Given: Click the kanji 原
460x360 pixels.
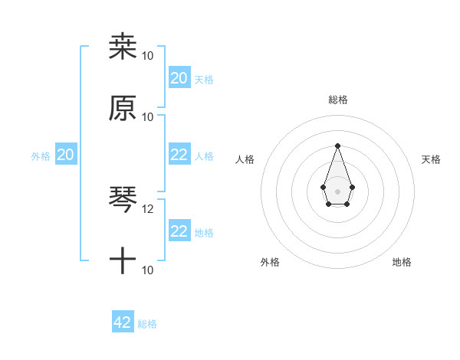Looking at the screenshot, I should pyautogui.click(x=123, y=108).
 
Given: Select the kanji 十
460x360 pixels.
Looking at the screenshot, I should pyautogui.click(x=123, y=261).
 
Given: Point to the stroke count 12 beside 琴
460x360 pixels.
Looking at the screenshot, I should pyautogui.click(x=148, y=208).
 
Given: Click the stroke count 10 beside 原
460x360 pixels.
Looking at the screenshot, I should pyautogui.click(x=148, y=116).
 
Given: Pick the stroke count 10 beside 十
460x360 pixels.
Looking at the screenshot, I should pyautogui.click(x=148, y=270).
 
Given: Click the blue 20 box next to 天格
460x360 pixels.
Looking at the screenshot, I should pyautogui.click(x=179, y=77).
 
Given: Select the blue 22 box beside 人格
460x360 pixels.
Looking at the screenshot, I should pyautogui.click(x=179, y=154).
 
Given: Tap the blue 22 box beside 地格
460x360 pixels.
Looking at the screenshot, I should pyautogui.click(x=179, y=231).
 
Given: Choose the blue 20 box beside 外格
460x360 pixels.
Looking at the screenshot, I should pyautogui.click(x=65, y=155).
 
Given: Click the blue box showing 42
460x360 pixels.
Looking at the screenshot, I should pyautogui.click(x=123, y=322).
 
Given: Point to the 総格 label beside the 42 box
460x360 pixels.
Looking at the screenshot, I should pyautogui.click(x=147, y=324).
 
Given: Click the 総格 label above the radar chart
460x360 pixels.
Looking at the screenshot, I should pyautogui.click(x=337, y=100).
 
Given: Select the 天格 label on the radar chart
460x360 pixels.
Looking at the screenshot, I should pyautogui.click(x=431, y=159).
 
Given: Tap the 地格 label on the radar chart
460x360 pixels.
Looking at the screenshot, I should pyautogui.click(x=402, y=262).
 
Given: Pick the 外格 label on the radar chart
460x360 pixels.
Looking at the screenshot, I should pyautogui.click(x=270, y=262).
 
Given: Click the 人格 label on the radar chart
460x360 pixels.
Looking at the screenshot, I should pyautogui.click(x=245, y=159).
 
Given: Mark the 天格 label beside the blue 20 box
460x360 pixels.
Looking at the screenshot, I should pyautogui.click(x=204, y=79).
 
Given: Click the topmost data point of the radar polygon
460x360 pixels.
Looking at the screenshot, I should pyautogui.click(x=337, y=145).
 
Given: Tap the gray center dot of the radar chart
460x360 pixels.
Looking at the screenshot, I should pyautogui.click(x=337, y=191).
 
